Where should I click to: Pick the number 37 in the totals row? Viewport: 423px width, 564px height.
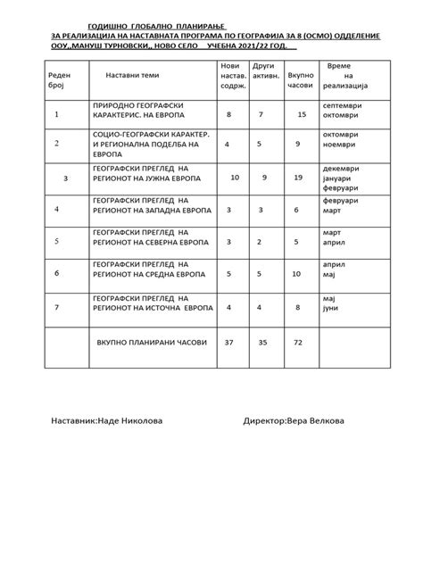(x=230, y=342)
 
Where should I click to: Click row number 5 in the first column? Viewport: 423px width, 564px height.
(x=56, y=241)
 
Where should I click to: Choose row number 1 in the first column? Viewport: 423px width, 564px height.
(x=56, y=115)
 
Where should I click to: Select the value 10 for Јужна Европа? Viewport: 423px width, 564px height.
(x=235, y=178)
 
